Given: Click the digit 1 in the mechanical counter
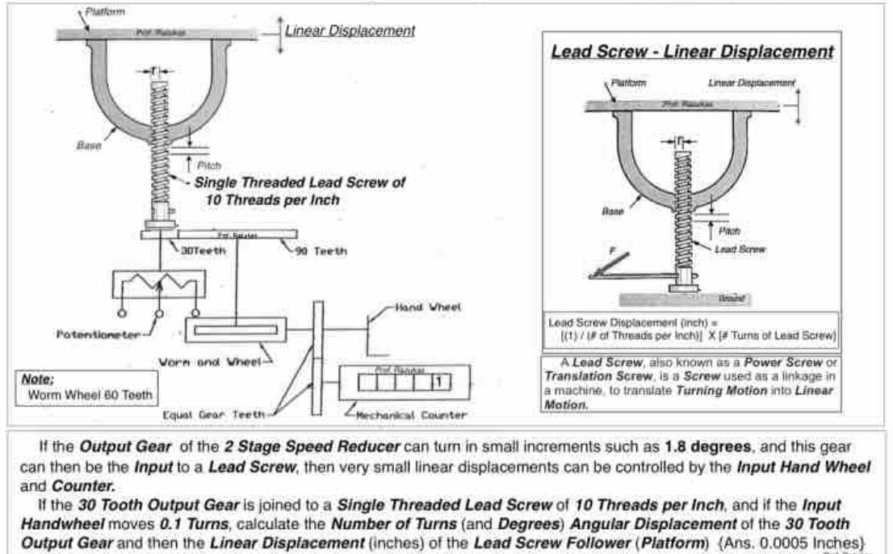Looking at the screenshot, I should pyautogui.click(x=437, y=381).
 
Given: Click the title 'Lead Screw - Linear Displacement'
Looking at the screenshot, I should pyautogui.click(x=692, y=51).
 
